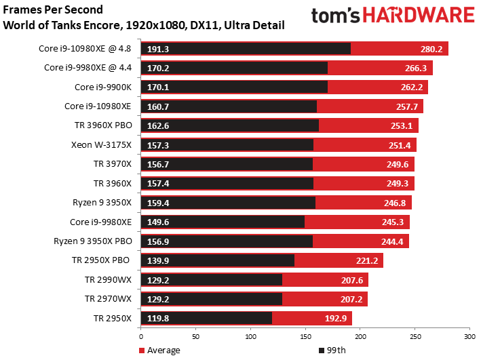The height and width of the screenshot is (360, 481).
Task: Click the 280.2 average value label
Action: click(431, 49)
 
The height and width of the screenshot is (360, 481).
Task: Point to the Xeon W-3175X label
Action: click(103, 144)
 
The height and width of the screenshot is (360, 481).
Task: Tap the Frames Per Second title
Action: click(54, 10)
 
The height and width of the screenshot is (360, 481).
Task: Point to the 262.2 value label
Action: click(412, 87)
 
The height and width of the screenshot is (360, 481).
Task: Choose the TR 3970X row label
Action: click(115, 163)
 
